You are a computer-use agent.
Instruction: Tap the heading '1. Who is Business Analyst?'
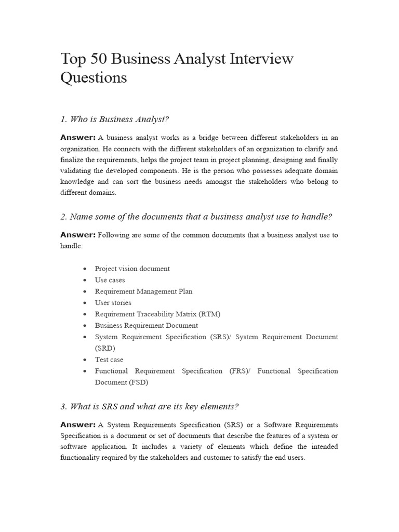115,119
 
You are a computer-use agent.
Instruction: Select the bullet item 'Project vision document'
132,269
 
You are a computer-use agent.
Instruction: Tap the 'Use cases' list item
110,280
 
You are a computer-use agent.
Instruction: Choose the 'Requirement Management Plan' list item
143,291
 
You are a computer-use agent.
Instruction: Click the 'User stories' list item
113,303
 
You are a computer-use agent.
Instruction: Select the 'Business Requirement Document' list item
146,326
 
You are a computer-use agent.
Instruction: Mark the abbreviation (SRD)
105,348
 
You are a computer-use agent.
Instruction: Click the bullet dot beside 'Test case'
84,360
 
